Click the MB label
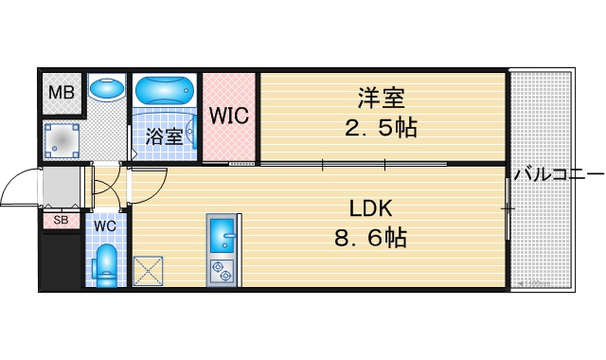(x=62, y=93)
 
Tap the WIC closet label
(x=229, y=116)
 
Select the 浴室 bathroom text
(x=164, y=135)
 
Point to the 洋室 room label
(x=382, y=99)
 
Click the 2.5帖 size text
(x=381, y=128)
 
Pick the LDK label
(x=371, y=208)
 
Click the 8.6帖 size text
(x=370, y=237)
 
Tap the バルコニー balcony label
(x=559, y=174)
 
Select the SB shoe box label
(x=61, y=220)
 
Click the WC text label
(x=105, y=226)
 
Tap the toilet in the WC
(x=105, y=266)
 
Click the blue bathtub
(x=165, y=90)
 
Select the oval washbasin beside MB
(x=107, y=88)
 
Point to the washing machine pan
(x=62, y=141)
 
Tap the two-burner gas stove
(x=223, y=272)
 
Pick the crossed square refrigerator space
(x=148, y=272)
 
